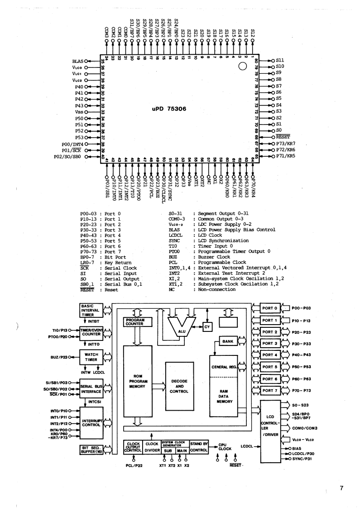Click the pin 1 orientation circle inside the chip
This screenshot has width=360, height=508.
pos(243,67)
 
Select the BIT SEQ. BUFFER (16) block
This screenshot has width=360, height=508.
pos(89,450)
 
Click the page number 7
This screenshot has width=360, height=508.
pos(342,489)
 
